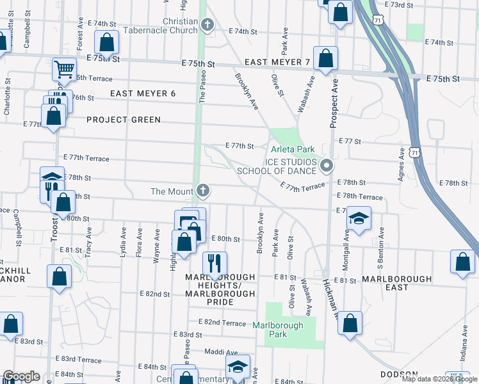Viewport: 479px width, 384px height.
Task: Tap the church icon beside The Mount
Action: click(203, 190)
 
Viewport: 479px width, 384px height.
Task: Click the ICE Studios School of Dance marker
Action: click(327, 166)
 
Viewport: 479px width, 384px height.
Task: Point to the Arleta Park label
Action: click(293, 149)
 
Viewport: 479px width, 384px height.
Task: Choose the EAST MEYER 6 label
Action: click(142, 93)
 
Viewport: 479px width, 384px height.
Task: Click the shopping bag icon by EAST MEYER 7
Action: click(326, 58)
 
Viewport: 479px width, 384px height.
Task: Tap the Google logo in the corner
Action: click(21, 376)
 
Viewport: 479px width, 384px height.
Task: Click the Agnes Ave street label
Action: click(402, 164)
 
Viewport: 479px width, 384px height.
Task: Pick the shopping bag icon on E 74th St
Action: click(107, 42)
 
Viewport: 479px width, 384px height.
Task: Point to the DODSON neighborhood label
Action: click(399, 374)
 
